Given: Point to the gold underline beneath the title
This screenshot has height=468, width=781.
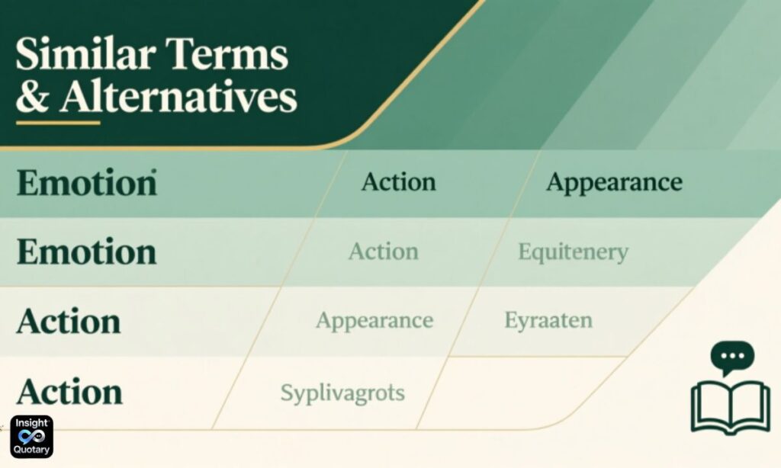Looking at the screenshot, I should pyautogui.click(x=58, y=123).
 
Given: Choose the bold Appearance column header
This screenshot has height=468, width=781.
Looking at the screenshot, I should pyautogui.click(x=614, y=182).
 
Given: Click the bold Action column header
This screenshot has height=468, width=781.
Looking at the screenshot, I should pyautogui.click(x=398, y=182).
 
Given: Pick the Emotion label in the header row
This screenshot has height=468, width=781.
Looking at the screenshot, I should pyautogui.click(x=86, y=184).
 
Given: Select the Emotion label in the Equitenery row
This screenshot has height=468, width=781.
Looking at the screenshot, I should pyautogui.click(x=86, y=252).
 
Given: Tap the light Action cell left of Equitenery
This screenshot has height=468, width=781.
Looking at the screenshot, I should pyautogui.click(x=383, y=252).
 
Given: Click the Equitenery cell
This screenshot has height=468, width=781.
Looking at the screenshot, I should pyautogui.click(x=573, y=252).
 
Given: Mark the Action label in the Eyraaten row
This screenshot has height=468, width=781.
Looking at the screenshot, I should pyautogui.click(x=69, y=321).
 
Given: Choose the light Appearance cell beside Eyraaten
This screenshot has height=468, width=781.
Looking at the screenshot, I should pyautogui.click(x=374, y=320).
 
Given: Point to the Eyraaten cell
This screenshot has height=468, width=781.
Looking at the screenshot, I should pyautogui.click(x=548, y=320).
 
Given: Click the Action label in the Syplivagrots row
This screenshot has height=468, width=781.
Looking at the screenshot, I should pyautogui.click(x=69, y=392).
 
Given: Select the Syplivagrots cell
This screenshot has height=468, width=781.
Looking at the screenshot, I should pyautogui.click(x=342, y=393).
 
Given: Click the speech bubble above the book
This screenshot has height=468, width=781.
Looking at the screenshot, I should pyautogui.click(x=731, y=357).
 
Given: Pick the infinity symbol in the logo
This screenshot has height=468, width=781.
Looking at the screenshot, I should pyautogui.click(x=31, y=435).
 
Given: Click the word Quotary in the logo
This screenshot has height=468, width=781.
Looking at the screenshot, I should pyautogui.click(x=31, y=449).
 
